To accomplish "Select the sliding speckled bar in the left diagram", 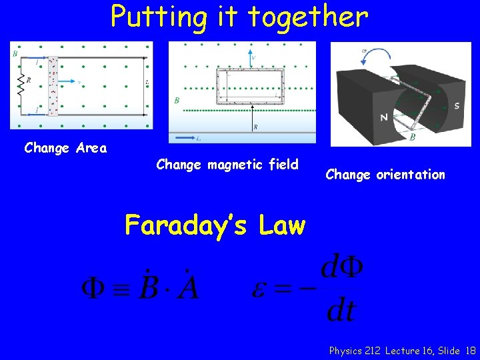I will pos(53,85).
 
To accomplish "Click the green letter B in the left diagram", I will pos(15,53).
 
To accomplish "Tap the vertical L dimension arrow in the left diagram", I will pos(144,85).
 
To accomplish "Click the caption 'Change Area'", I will pos(65,148).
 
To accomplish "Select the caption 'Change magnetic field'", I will pos(227,164).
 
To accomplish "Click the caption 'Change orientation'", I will pos(385,175).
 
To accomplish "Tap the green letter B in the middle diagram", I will pos(176,101).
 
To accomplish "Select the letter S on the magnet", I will pos(456,105).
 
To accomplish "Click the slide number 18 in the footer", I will pos(471,350).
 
